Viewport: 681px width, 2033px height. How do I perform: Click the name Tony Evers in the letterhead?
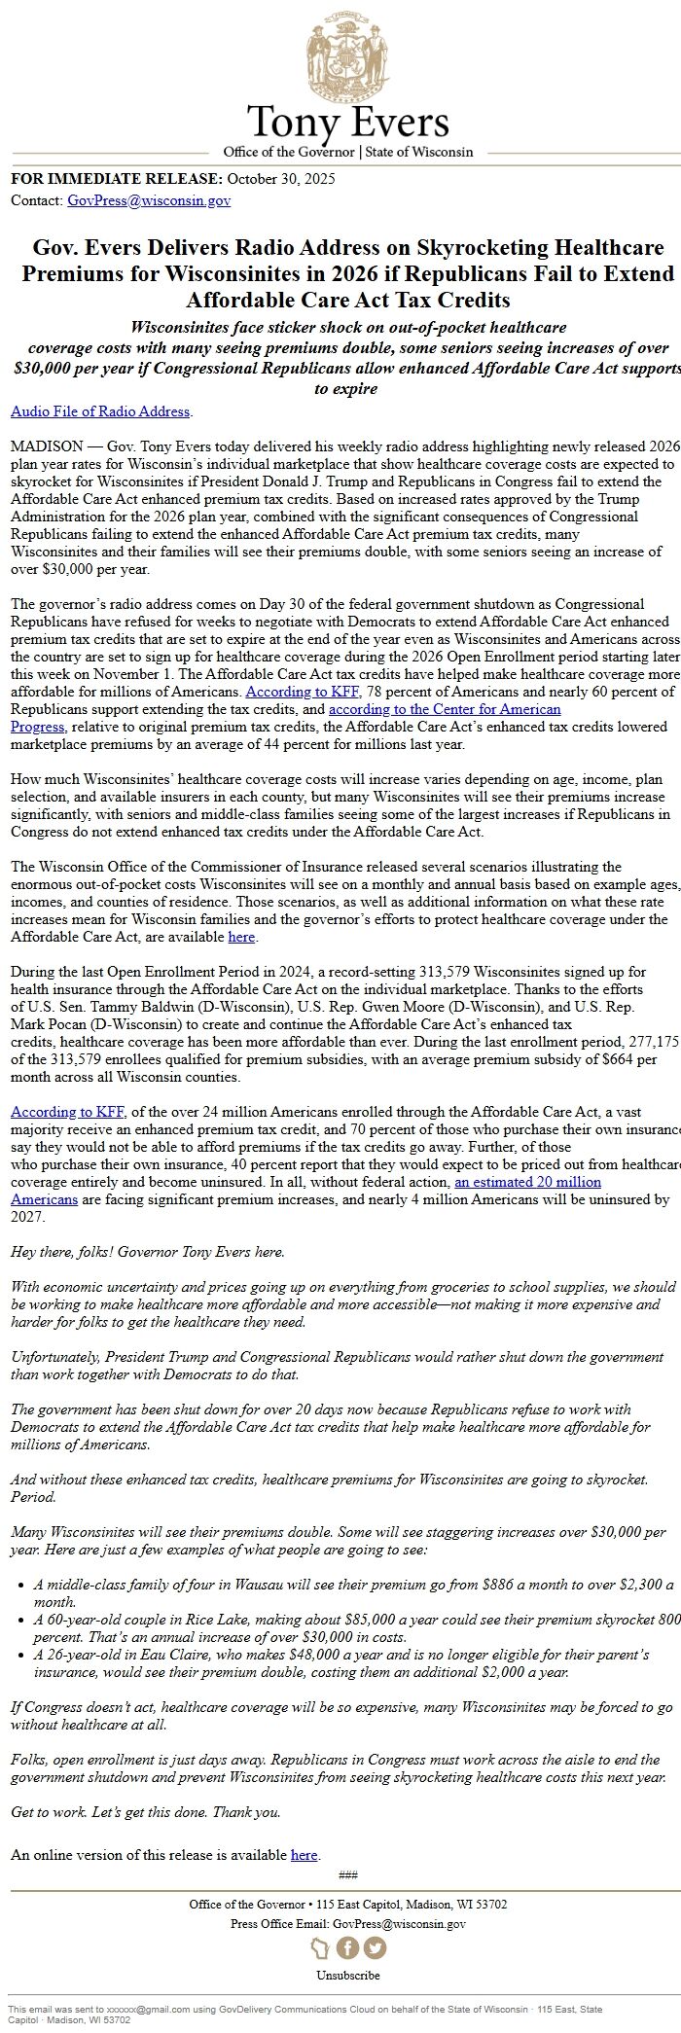(347, 123)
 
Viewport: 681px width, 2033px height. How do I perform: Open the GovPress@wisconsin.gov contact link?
(149, 200)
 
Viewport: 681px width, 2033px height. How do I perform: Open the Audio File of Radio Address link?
(100, 411)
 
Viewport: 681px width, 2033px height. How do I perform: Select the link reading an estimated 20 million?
(527, 1182)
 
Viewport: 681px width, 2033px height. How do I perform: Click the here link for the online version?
(304, 1854)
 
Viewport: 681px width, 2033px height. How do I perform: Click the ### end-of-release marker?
(347, 1874)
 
